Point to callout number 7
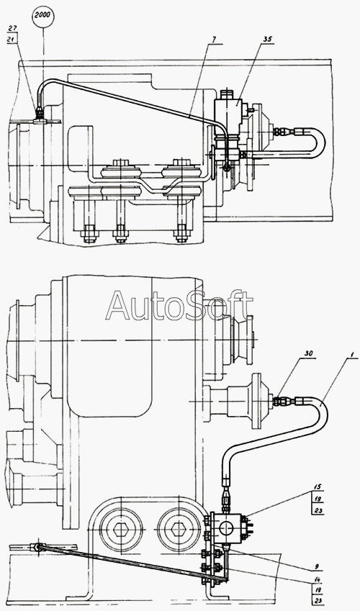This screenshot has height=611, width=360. pos(215,40)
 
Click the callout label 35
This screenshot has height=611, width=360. pos(269,40)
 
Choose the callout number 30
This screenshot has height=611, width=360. pos(310,354)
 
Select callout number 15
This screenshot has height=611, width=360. pos(318,486)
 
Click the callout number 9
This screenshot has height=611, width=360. pos(317,566)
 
